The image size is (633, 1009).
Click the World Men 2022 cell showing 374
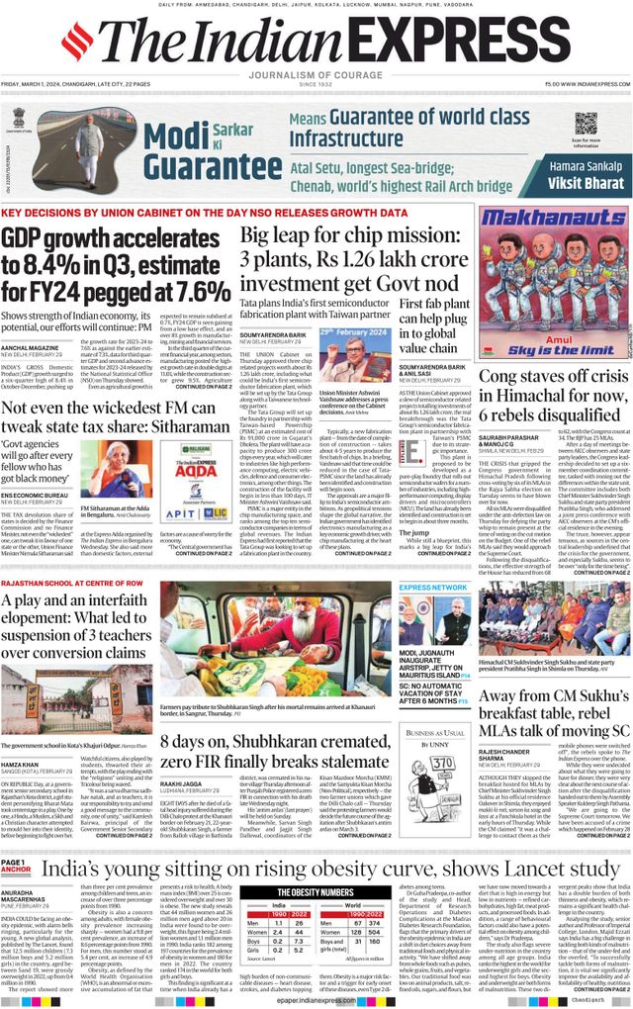371,922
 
